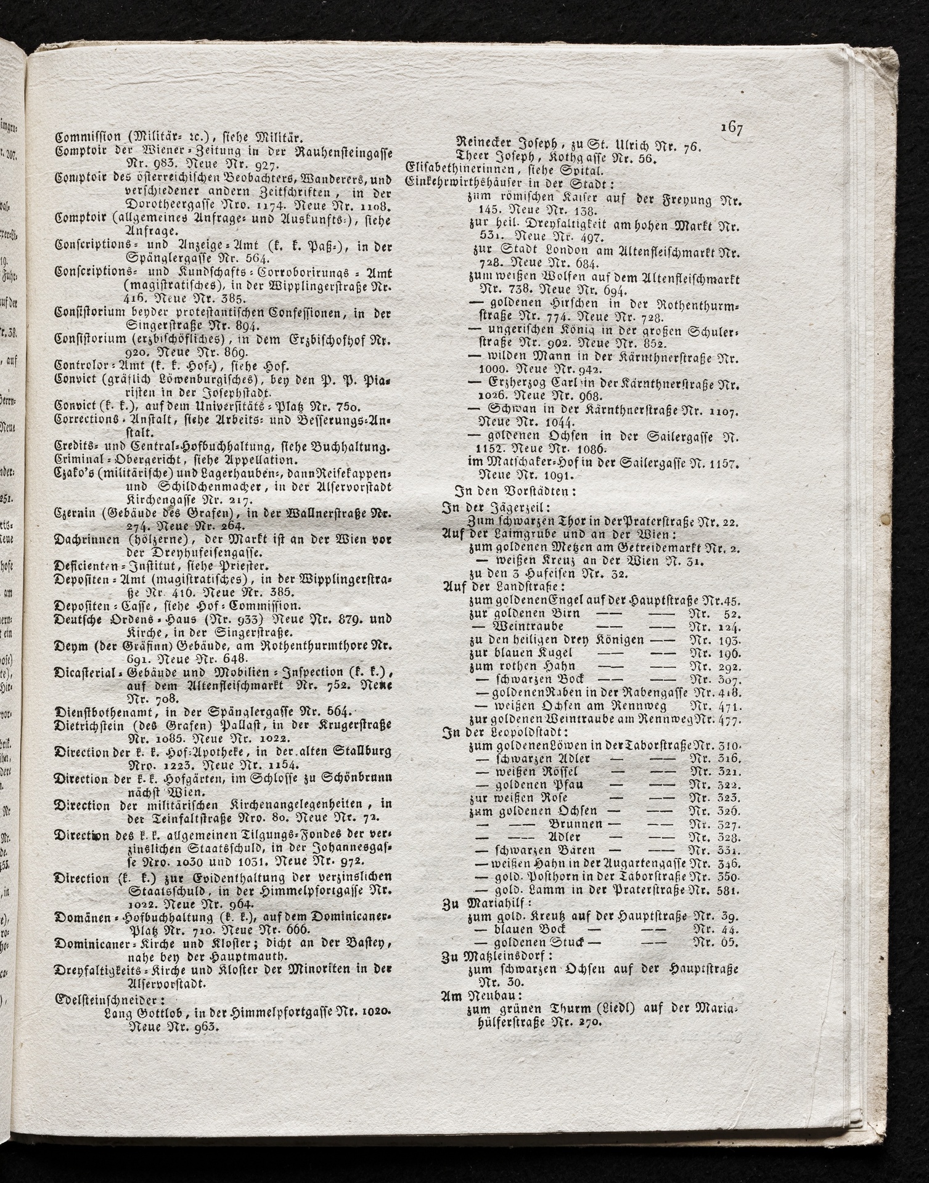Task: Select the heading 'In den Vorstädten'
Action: coord(515,492)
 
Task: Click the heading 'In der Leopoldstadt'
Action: coord(500,733)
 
